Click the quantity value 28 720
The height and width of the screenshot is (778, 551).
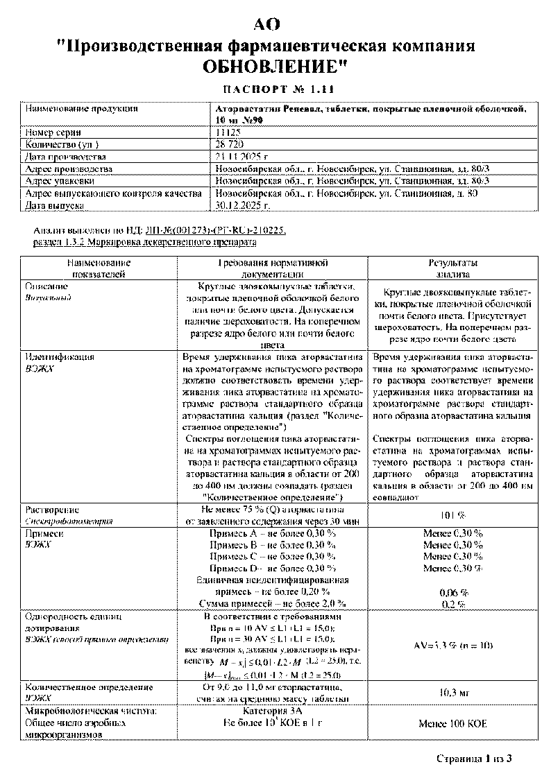(x=230, y=144)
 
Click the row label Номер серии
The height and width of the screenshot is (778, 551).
(x=53, y=132)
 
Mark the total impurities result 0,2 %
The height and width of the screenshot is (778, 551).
(x=454, y=603)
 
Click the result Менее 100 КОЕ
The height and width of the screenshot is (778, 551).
(x=452, y=723)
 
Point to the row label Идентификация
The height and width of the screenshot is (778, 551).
(x=59, y=357)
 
